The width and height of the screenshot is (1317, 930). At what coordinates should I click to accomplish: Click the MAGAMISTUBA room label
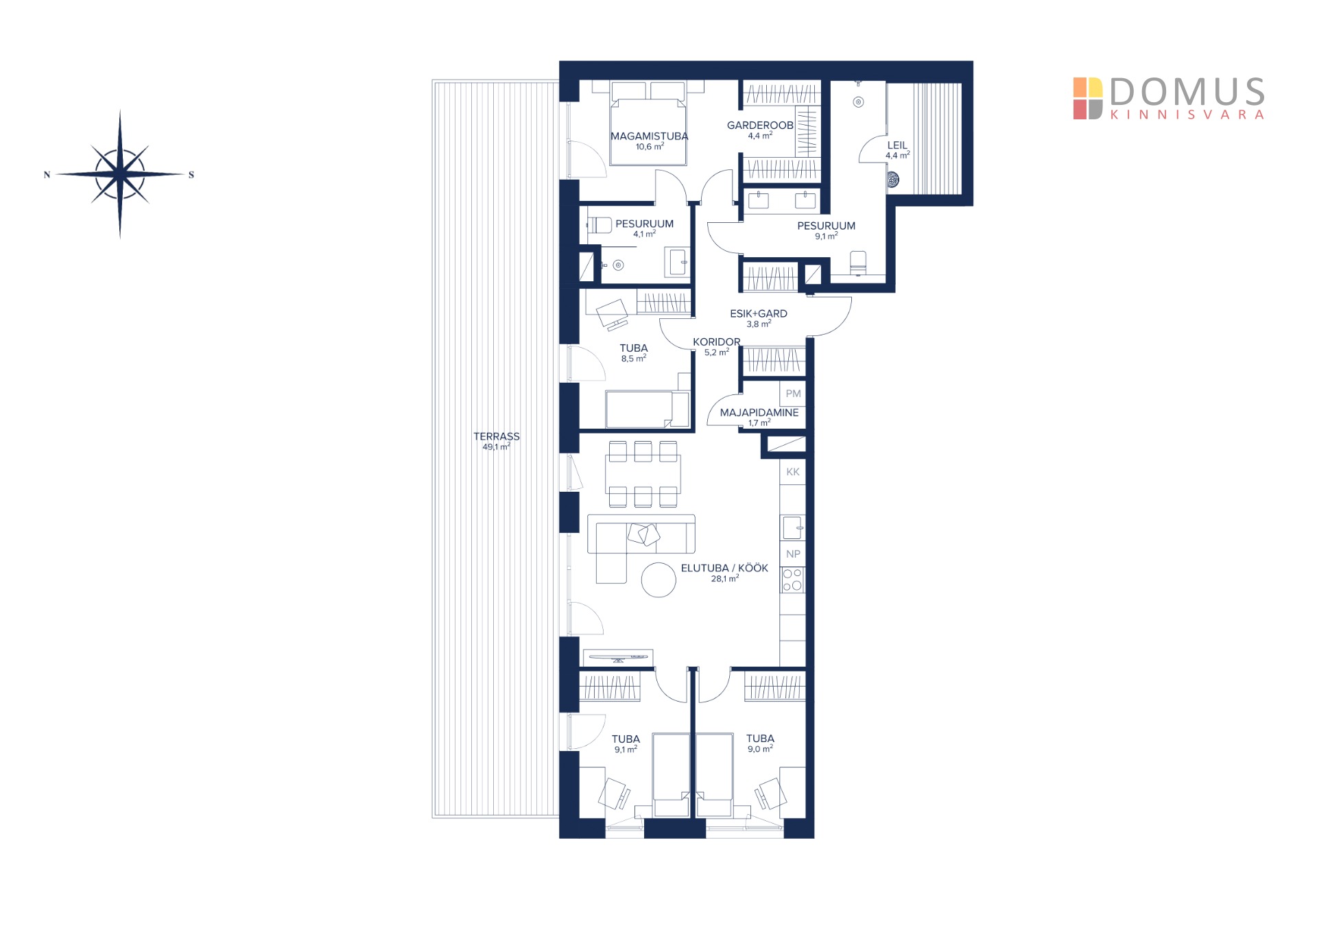click(649, 136)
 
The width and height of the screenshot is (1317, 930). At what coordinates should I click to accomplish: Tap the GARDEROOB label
click(760, 125)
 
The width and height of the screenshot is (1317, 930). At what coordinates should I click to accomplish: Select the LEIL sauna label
click(897, 145)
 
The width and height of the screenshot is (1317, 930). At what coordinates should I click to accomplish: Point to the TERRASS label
click(497, 436)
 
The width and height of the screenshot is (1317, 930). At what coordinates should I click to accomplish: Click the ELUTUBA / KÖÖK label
click(724, 568)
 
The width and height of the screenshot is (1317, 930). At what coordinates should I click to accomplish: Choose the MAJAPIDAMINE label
click(759, 412)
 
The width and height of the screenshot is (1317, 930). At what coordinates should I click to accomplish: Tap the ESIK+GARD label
click(759, 313)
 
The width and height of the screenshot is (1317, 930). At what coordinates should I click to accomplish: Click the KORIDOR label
click(717, 342)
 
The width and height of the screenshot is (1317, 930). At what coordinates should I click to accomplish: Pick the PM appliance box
click(793, 394)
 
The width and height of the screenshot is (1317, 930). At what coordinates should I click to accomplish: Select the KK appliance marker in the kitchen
click(793, 472)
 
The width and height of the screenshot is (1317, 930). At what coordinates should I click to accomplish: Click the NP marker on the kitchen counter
click(793, 554)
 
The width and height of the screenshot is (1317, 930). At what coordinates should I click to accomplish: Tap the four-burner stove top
click(792, 580)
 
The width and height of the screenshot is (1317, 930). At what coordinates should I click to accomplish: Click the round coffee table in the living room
click(658, 580)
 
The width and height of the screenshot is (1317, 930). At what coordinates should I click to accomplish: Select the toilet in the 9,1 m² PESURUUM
click(857, 263)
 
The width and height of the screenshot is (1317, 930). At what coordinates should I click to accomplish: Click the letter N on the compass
click(47, 175)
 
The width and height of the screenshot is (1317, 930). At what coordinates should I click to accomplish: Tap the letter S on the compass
click(191, 175)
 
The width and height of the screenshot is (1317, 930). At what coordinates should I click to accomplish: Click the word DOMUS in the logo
click(1187, 92)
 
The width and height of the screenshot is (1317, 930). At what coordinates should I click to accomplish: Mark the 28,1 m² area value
click(724, 579)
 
